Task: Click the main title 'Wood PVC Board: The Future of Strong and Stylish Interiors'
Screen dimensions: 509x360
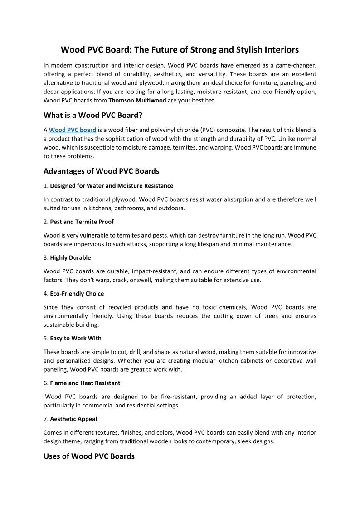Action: pos(180,49)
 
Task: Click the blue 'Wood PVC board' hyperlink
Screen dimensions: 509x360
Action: pos(73,130)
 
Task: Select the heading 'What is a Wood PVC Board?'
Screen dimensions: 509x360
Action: pos(93,115)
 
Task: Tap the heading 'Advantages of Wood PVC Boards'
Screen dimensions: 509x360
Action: pos(101,171)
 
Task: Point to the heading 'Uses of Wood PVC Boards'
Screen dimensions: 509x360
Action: pos(89,456)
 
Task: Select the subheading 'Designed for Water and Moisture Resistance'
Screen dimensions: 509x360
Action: pos(112,186)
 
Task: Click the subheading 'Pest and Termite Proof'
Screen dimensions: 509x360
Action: pos(82,222)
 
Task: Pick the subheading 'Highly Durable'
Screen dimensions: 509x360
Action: pos(70,257)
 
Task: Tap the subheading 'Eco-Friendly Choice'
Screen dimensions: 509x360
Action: pos(77,294)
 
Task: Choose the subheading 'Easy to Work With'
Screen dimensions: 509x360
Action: pos(76,338)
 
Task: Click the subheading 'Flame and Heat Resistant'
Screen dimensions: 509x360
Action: pos(85,383)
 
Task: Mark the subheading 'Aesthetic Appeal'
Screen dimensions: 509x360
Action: pos(73,419)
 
